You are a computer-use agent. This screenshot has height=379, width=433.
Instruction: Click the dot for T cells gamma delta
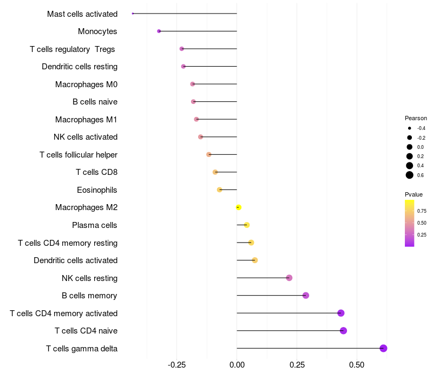pos(383,348)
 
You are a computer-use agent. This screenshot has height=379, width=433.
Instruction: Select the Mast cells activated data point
pos(133,14)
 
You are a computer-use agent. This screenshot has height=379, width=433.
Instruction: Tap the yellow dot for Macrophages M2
pos(238,207)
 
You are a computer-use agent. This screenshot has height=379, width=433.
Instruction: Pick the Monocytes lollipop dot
pos(159,31)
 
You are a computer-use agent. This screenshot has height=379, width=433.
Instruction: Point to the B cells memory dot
pos(306,296)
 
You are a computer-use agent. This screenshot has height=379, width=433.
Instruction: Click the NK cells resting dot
pos(289,278)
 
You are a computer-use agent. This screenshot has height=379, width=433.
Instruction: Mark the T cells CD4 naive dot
pos(343,331)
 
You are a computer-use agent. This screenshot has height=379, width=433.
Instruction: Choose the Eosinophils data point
pos(219,190)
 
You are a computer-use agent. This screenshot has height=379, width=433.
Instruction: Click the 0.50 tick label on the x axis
pos(357,365)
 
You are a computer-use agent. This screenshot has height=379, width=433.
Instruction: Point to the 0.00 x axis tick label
pos(237,365)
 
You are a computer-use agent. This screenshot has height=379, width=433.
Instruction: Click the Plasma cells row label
pos(95,225)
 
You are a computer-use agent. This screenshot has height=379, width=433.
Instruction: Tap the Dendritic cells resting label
pos(80,67)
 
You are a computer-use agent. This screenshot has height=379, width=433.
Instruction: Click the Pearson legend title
pos(416,118)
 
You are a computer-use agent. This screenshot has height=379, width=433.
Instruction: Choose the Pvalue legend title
pos(414,194)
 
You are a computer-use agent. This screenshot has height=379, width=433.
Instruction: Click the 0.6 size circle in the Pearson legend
pos(410,175)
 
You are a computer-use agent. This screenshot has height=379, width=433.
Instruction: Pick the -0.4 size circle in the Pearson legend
pos(410,128)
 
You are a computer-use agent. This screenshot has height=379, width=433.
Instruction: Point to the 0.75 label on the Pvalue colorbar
pos(422,211)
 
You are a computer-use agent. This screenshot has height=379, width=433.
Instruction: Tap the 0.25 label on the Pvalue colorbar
pos(422,235)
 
